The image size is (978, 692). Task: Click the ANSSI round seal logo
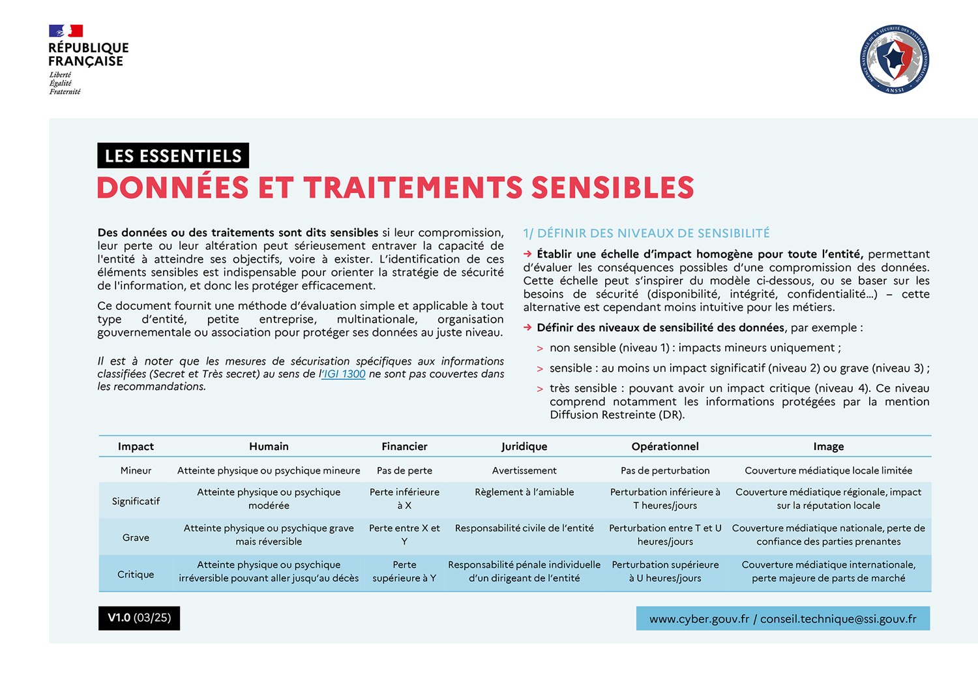[894, 59]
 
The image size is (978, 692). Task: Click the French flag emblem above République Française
[66, 31]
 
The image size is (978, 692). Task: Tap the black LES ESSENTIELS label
[173, 156]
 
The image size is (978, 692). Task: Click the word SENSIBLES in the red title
[612, 188]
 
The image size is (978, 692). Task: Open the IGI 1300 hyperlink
[344, 374]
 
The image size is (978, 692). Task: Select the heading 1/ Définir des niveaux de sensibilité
[646, 233]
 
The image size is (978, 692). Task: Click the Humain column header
[269, 446]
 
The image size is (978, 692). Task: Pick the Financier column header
[404, 446]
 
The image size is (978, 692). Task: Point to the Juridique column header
[524, 446]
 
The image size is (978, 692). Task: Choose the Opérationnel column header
[665, 446]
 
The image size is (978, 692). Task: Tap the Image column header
[828, 446]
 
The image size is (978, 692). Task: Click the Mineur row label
[136, 470]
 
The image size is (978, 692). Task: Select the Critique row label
[136, 574]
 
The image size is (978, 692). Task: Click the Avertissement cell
[524, 470]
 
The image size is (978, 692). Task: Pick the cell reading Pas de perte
[404, 470]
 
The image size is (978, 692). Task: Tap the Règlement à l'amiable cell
[524, 492]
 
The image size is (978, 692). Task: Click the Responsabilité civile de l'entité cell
[524, 528]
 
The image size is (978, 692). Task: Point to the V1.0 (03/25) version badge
[139, 618]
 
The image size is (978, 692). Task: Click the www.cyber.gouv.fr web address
[699, 619]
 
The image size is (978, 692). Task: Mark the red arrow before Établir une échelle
[527, 254]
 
